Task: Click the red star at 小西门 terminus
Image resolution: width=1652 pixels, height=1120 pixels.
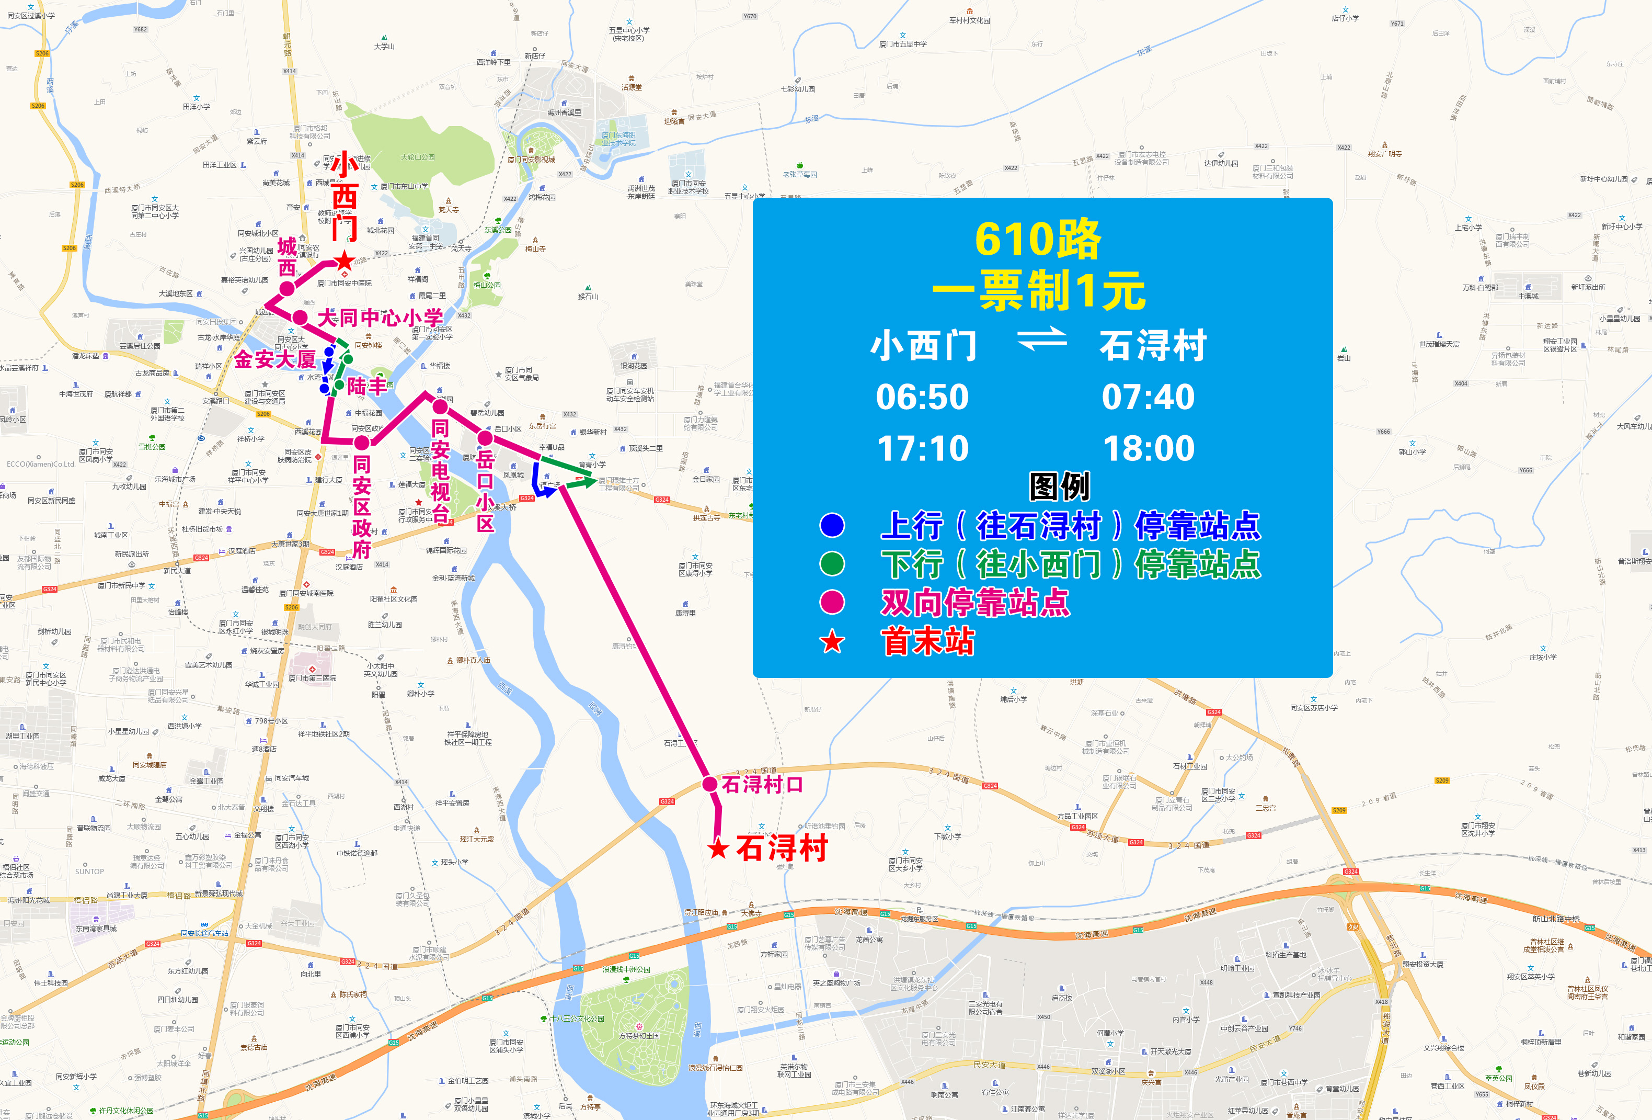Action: coord(345,261)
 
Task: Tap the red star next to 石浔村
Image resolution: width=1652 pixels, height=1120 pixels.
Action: coord(719,849)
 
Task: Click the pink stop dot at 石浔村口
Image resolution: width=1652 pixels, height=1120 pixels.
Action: coord(709,784)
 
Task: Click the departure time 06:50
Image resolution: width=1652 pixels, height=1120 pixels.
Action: coord(922,397)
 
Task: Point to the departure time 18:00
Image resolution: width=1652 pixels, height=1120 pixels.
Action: coord(1148,448)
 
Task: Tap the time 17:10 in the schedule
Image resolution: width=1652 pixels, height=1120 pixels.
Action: coord(922,448)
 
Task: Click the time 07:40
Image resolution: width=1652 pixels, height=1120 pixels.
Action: coord(1148,397)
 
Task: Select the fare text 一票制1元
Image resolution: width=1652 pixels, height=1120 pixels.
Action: coord(1039,291)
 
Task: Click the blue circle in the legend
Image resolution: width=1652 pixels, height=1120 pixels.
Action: coord(832,526)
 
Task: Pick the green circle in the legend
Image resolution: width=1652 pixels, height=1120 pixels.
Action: coord(832,564)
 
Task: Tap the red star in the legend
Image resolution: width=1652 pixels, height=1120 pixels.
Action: coord(832,642)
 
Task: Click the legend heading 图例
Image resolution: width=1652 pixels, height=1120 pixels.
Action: coord(1059,487)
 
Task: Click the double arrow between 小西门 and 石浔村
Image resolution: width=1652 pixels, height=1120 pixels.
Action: coord(1041,338)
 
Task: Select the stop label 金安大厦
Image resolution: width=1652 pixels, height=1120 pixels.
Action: coord(274,359)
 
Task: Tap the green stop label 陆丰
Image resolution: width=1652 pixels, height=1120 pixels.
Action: coord(367,386)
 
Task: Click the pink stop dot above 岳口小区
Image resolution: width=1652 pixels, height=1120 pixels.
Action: coord(485,437)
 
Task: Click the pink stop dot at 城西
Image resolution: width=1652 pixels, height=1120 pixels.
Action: coord(286,289)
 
